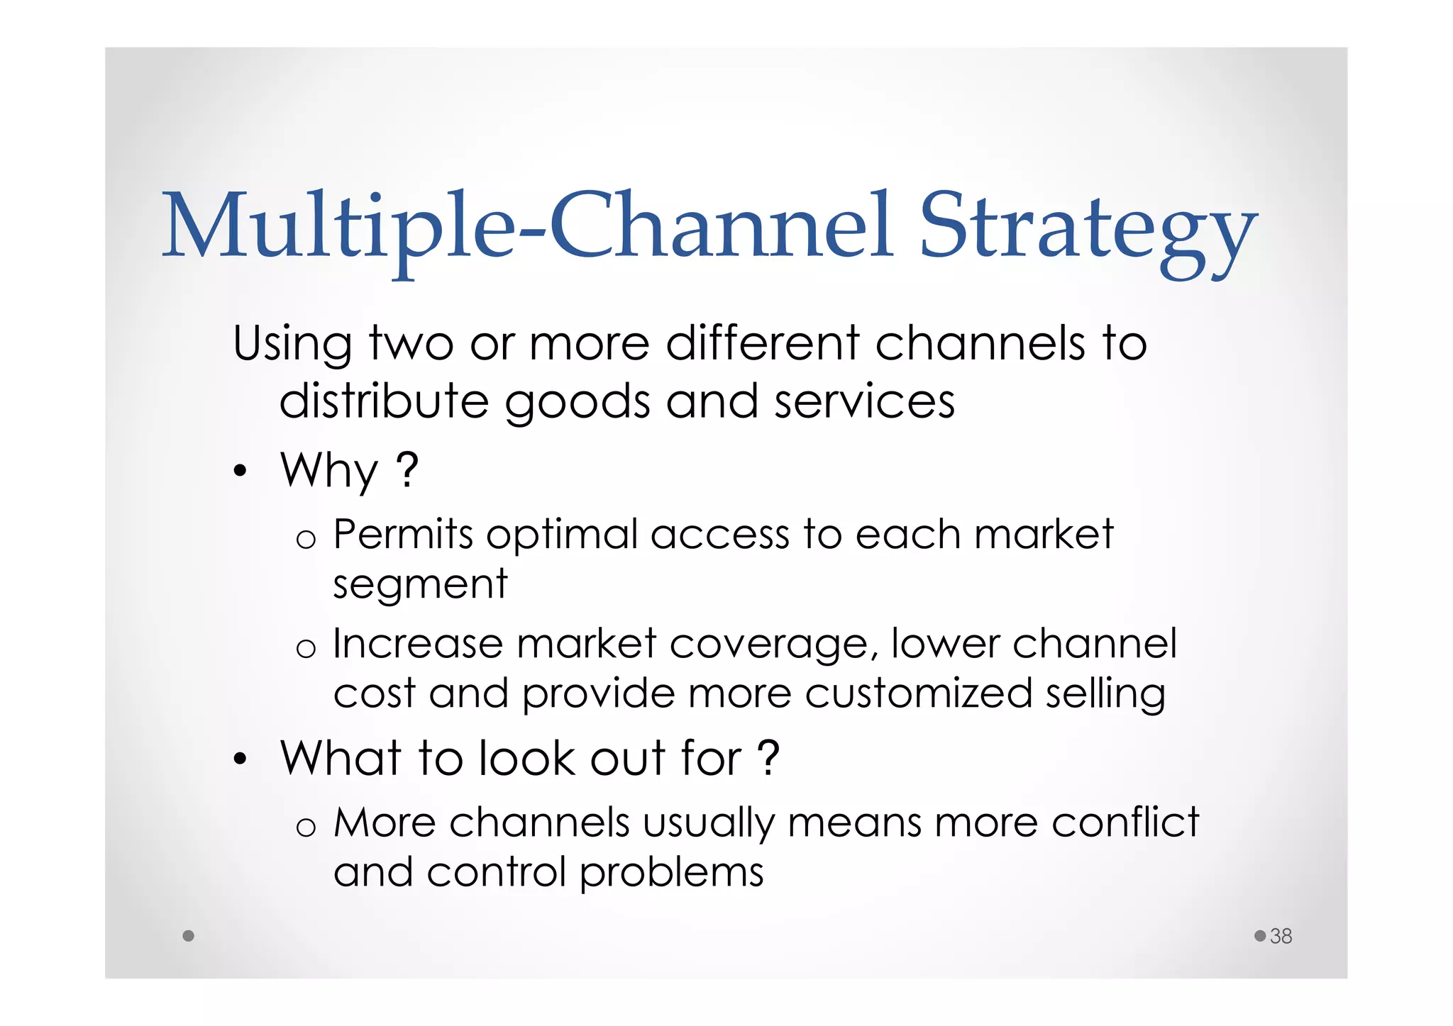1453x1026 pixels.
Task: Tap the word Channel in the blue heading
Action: [x=719, y=225]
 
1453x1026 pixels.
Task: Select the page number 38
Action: [x=1281, y=936]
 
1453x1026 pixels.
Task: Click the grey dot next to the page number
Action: [x=1260, y=936]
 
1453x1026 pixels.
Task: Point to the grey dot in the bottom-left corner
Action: [x=188, y=936]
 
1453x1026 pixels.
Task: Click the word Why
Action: [x=329, y=471]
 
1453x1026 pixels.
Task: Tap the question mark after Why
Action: [x=407, y=469]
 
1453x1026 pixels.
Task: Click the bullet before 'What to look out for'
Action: [x=241, y=759]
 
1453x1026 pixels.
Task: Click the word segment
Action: [x=420, y=586]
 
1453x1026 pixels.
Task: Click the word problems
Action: [x=671, y=874]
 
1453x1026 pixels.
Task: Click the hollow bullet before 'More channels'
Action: [x=306, y=827]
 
